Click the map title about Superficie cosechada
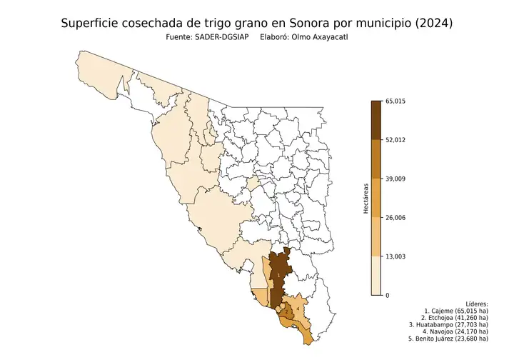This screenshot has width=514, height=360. (x=257, y=24)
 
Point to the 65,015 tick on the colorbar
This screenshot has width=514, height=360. (x=395, y=101)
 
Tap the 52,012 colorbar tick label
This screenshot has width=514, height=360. (x=395, y=140)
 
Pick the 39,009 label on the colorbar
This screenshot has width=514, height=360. (x=395, y=179)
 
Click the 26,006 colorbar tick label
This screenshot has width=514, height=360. (x=395, y=217)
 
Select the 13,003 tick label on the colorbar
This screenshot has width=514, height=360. (x=395, y=256)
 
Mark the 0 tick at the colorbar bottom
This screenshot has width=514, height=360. (x=387, y=295)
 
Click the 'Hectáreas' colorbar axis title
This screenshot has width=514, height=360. (x=365, y=199)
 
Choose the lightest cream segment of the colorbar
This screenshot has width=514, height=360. (x=376, y=276)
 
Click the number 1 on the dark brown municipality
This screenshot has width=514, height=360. (x=278, y=274)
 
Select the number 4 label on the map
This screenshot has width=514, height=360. (x=297, y=308)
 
